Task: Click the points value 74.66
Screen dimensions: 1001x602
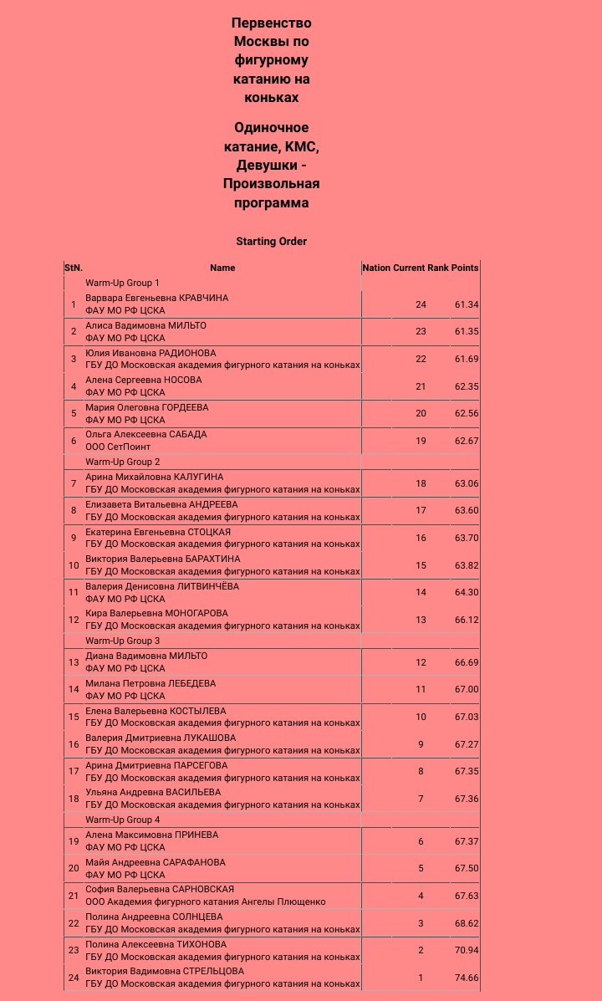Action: [x=467, y=978]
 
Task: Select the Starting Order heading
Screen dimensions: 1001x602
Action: [x=271, y=242]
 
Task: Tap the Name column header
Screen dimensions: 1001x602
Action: [x=222, y=268]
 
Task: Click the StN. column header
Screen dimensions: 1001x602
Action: [x=74, y=268]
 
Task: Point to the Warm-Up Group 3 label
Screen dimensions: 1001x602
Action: [x=122, y=641]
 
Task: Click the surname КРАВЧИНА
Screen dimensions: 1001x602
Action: [x=203, y=298]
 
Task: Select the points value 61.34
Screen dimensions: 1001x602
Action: [x=467, y=304]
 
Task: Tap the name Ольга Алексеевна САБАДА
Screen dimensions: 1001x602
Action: [x=145, y=434]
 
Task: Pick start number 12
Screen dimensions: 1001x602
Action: [x=74, y=620]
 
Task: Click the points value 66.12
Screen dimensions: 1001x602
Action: [x=467, y=620]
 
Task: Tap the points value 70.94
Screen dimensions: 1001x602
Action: [x=467, y=950]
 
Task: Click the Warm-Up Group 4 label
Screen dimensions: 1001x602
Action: [x=122, y=820]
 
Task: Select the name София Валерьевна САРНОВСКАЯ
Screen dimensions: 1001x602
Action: [x=159, y=889]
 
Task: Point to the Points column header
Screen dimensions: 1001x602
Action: [x=465, y=268]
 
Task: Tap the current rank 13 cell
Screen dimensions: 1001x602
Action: [x=421, y=620]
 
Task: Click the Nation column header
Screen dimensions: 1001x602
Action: [x=376, y=268]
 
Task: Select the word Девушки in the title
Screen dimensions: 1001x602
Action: [x=265, y=165]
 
